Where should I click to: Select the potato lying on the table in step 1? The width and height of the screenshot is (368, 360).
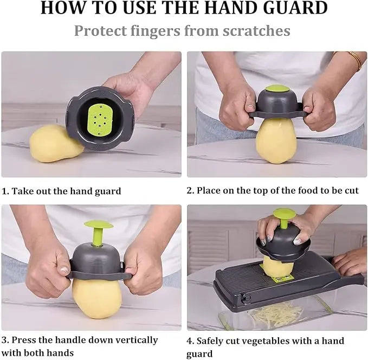point(51,144)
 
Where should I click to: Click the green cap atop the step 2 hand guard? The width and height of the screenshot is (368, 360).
point(277,88)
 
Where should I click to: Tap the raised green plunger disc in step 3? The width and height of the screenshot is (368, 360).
point(98,224)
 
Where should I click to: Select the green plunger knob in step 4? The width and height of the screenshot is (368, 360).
point(284,213)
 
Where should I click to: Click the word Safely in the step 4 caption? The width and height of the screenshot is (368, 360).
point(211,341)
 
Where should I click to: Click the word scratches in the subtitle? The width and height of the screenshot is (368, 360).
point(255,30)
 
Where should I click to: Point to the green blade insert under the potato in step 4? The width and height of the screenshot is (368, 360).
point(281,278)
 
